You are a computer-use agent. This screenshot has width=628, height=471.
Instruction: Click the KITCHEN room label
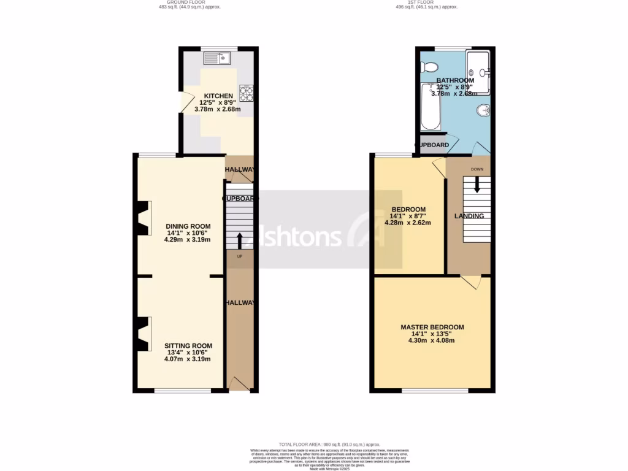218,96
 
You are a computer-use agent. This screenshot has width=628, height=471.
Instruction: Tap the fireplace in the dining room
143,219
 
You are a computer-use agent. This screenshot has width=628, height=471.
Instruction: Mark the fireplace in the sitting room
143,334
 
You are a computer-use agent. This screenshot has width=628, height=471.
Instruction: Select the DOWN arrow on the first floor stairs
477,186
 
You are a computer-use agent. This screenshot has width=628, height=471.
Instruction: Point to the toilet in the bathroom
427,66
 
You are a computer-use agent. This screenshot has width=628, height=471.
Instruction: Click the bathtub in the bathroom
431,107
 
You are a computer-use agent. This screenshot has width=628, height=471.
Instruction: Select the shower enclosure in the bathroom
478,72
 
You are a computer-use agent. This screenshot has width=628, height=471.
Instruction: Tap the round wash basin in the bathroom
483,111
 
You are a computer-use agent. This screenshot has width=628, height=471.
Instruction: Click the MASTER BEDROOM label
432,327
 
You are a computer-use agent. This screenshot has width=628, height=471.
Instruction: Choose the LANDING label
469,216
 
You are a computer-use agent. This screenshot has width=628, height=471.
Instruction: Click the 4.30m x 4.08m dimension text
432,340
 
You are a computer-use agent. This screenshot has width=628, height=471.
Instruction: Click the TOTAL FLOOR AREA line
329,444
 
